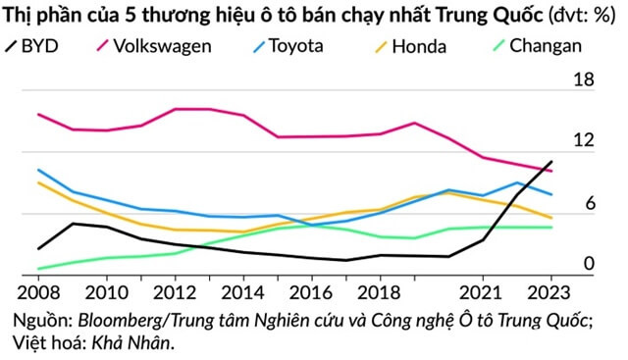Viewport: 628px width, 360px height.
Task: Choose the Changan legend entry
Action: pyautogui.click(x=546, y=45)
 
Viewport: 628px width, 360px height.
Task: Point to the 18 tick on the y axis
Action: pyautogui.click(x=584, y=80)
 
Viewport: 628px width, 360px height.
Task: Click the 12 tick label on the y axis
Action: pyautogui.click(x=584, y=141)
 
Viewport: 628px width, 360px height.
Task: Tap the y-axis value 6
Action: pyautogui.click(x=589, y=203)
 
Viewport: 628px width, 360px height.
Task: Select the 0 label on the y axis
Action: pyautogui.click(x=589, y=264)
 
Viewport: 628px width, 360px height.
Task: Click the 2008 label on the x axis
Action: pyautogui.click(x=38, y=291)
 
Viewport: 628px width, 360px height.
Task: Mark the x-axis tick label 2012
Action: pyautogui.click(x=173, y=291)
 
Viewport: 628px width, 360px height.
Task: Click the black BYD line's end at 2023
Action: pyautogui.click(x=552, y=162)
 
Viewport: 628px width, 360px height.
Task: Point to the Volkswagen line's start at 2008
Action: pyautogui.click(x=38, y=115)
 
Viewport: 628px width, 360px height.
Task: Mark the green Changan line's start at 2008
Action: pyautogui.click(x=38, y=269)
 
